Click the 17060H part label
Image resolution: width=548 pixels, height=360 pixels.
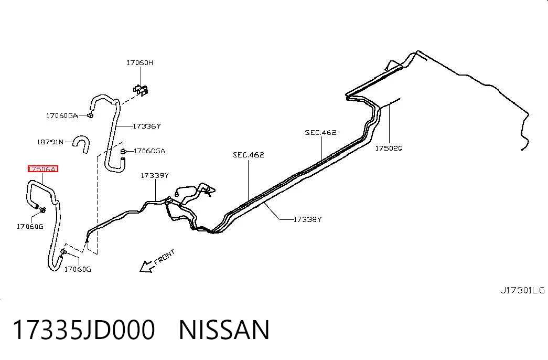139,63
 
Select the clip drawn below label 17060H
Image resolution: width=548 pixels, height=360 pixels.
141,90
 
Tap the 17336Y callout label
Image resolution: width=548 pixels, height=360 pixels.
146,126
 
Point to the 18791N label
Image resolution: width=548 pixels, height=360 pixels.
50,142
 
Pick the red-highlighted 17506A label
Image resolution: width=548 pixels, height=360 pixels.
42,169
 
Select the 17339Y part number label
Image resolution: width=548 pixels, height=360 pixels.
155,176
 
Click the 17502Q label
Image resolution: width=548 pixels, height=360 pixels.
389,149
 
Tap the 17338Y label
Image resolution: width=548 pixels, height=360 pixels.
307,220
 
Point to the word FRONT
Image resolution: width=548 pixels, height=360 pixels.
164,257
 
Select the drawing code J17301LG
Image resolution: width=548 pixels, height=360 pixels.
522,290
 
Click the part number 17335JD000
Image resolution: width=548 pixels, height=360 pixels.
84,330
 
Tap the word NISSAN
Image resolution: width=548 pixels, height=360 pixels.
224,330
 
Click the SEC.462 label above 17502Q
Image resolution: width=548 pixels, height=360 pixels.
320,133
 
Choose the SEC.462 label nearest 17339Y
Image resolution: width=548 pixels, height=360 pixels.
249,155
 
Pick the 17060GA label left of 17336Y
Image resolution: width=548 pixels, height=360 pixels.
62,116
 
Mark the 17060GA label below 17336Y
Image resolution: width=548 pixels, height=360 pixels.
149,151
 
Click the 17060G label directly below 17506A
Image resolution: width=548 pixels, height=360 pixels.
30,227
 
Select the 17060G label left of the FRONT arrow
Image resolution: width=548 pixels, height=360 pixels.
78,269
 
